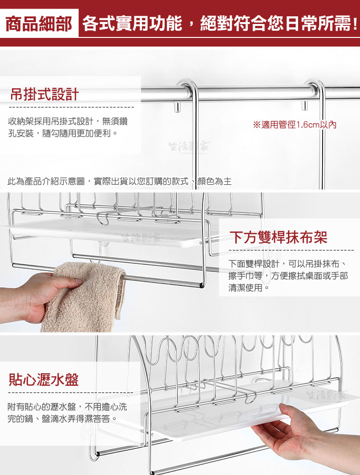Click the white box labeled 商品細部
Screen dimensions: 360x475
(x=39, y=24)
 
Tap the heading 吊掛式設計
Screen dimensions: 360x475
(x=45, y=94)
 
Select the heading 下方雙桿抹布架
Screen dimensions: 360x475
(x=278, y=237)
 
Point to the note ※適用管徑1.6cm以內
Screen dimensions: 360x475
(x=295, y=124)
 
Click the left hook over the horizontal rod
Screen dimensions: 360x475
(x=190, y=91)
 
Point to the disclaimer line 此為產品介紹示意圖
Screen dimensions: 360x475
(x=120, y=181)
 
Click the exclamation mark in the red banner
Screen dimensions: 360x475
(x=355, y=24)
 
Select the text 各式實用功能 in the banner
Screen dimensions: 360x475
(x=132, y=24)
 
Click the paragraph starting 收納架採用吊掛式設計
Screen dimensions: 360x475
(x=68, y=127)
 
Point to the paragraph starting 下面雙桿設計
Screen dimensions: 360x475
(x=288, y=276)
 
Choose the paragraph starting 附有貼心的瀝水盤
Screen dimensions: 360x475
(x=67, y=413)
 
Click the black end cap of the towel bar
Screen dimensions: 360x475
(x=201, y=285)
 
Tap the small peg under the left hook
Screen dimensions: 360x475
(x=178, y=107)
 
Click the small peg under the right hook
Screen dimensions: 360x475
(x=304, y=106)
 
